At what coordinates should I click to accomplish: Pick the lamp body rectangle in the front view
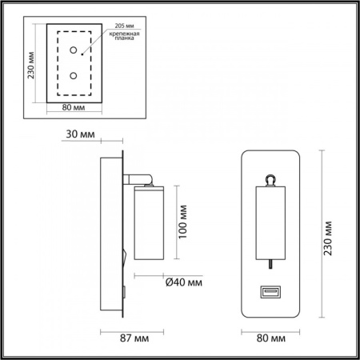click(x=270, y=225)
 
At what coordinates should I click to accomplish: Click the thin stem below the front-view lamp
click(x=270, y=266)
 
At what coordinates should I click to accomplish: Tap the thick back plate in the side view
click(x=109, y=232)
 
